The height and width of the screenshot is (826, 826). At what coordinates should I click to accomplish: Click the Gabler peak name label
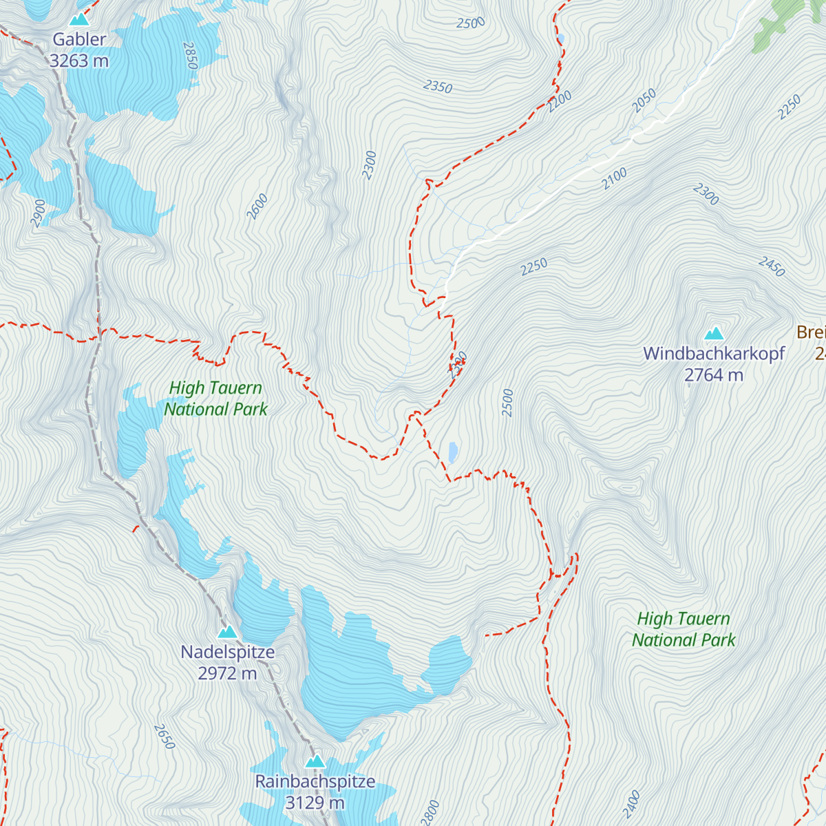pyautogui.click(x=80, y=40)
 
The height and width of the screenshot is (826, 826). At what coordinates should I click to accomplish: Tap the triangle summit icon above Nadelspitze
pyautogui.click(x=227, y=632)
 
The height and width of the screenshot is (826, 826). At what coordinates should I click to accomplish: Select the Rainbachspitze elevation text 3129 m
pyautogui.click(x=315, y=803)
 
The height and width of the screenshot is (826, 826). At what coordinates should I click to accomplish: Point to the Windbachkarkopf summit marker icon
pyautogui.click(x=714, y=335)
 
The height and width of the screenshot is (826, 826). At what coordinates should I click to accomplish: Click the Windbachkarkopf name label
pyautogui.click(x=714, y=354)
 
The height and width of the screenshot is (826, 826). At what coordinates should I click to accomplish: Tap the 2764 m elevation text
pyautogui.click(x=714, y=375)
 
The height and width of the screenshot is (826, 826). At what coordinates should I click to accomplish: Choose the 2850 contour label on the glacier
pyautogui.click(x=191, y=56)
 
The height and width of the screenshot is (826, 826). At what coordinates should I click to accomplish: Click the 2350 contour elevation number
pyautogui.click(x=438, y=87)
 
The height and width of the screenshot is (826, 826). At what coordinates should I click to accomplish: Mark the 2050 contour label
pyautogui.click(x=644, y=101)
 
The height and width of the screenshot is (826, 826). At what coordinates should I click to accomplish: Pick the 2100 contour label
pyautogui.click(x=614, y=179)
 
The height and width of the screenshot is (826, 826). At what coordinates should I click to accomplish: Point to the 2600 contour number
pyautogui.click(x=257, y=207)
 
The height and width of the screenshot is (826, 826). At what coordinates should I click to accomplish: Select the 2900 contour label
pyautogui.click(x=38, y=213)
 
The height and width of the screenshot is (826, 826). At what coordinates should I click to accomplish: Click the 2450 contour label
pyautogui.click(x=772, y=266)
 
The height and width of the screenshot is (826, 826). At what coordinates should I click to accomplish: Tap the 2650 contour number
pyautogui.click(x=165, y=737)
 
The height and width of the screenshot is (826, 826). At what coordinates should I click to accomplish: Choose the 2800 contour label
pyautogui.click(x=430, y=812)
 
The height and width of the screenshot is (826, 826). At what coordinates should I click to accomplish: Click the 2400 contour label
pyautogui.click(x=631, y=803)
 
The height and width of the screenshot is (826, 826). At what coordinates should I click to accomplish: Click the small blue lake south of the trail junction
pyautogui.click(x=453, y=452)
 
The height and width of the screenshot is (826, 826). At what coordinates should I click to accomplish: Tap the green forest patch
pyautogui.click(x=781, y=24)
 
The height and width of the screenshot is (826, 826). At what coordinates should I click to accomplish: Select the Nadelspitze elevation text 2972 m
pyautogui.click(x=227, y=673)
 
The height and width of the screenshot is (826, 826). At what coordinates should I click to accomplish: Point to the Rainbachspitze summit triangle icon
pyautogui.click(x=315, y=761)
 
